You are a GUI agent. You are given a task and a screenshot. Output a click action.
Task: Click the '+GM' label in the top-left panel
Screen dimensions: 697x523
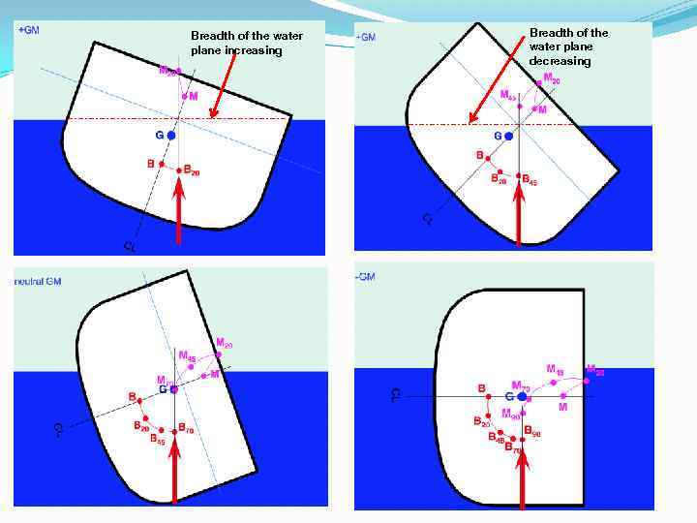[29, 30]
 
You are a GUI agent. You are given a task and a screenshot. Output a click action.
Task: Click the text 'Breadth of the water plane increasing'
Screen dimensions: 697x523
[247, 43]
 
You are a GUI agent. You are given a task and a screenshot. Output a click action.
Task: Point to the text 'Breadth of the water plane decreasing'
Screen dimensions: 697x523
[569, 46]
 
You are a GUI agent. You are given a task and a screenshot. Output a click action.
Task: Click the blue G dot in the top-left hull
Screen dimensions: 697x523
[170, 136]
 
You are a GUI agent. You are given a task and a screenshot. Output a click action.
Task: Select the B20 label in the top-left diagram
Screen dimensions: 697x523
[191, 173]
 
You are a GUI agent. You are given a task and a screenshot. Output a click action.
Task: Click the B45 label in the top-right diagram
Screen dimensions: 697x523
[530, 181]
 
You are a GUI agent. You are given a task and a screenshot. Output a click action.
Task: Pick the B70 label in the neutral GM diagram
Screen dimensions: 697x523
[184, 430]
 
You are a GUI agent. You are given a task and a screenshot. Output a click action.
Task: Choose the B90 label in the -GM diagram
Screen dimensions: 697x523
[532, 433]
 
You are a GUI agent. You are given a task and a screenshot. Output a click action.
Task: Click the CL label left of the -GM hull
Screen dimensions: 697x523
[394, 395]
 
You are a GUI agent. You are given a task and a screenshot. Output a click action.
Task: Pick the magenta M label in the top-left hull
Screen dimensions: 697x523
[193, 97]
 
